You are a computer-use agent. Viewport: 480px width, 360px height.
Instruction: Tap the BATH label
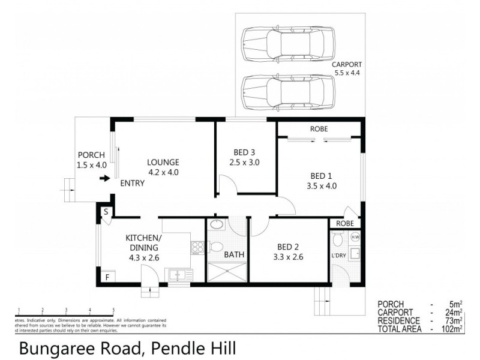pyautogui.click(x=233, y=255)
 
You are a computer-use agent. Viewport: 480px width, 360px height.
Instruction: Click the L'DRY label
pyautogui.click(x=339, y=256)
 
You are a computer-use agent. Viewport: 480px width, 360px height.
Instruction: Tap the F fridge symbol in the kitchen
pyautogui.click(x=107, y=277)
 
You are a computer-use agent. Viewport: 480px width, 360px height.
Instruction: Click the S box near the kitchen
pyautogui.click(x=105, y=212)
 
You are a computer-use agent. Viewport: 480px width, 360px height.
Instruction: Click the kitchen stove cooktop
pyautogui.click(x=197, y=247)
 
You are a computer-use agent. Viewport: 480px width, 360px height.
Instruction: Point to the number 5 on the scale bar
pyautogui.click(x=113, y=310)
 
